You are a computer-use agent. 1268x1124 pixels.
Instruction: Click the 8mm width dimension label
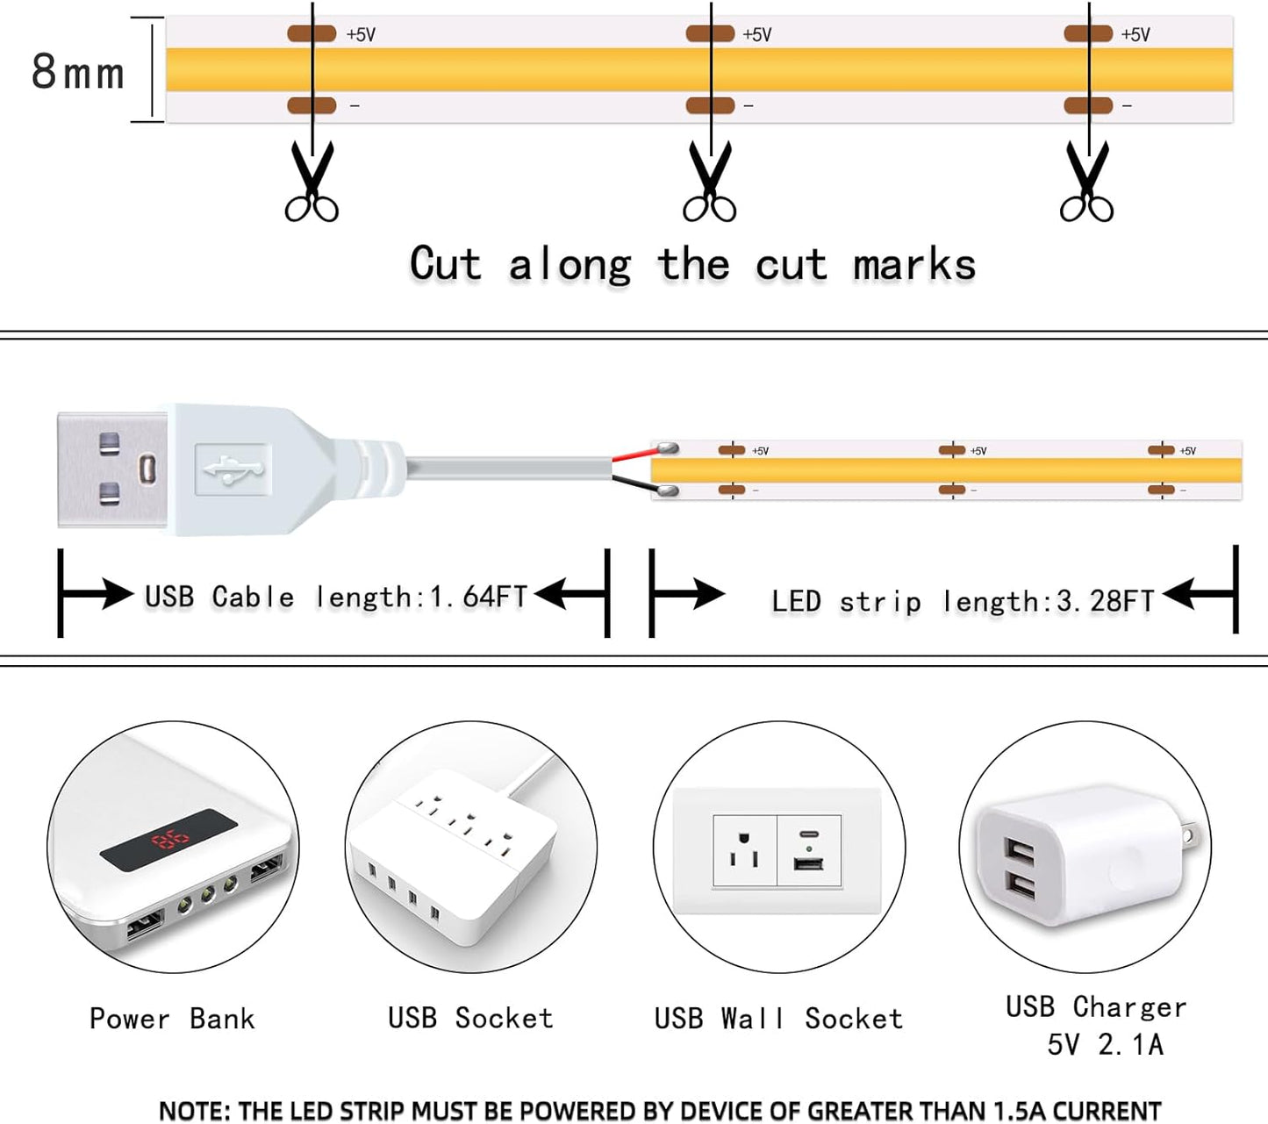(78, 72)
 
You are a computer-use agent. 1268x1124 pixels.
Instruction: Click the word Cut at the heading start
(446, 264)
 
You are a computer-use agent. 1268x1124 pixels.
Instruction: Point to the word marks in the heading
(914, 265)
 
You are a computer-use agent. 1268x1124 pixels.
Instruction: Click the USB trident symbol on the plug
(233, 469)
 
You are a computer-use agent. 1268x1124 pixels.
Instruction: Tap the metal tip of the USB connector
(111, 469)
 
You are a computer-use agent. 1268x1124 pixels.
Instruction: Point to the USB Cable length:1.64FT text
(336, 597)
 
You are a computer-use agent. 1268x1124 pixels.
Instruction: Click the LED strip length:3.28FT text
(963, 601)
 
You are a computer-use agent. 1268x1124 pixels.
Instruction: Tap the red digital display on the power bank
(170, 841)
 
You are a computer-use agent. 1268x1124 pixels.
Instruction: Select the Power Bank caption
(172, 1019)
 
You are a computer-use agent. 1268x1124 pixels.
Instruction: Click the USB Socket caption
(470, 1018)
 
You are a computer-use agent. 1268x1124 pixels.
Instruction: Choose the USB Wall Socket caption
(778, 1019)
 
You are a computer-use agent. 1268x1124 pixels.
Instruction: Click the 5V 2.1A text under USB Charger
(1105, 1044)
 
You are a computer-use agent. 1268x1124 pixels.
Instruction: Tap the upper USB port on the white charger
(1020, 850)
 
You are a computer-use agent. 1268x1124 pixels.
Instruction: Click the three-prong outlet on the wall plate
(744, 850)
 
